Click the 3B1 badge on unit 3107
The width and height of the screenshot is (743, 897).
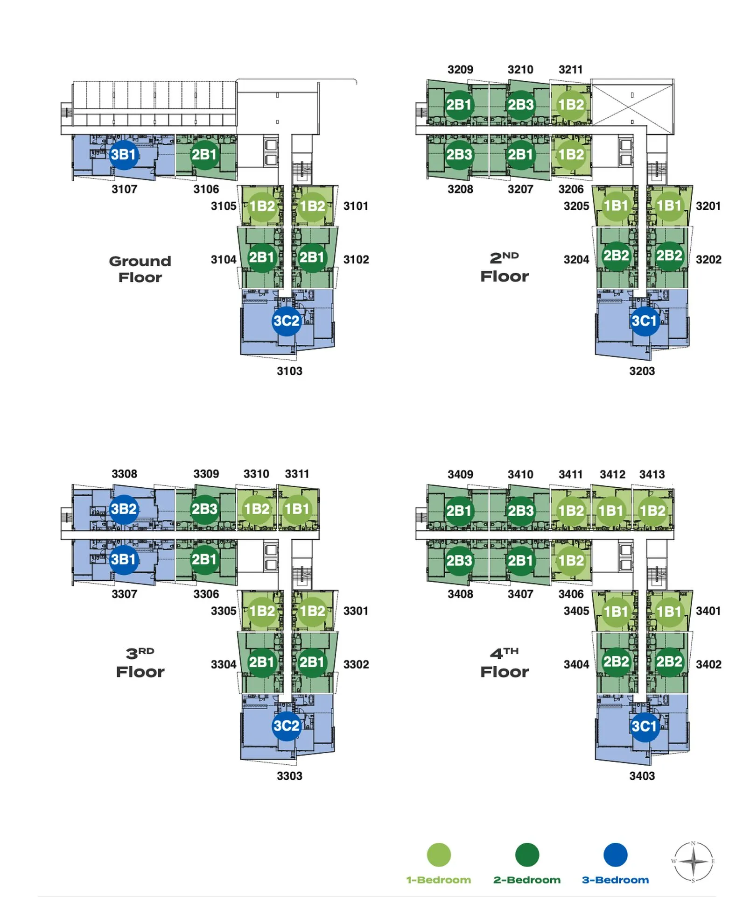click(x=124, y=155)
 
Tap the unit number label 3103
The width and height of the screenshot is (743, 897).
click(x=289, y=371)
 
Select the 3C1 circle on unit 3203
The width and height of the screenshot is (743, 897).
click(x=644, y=321)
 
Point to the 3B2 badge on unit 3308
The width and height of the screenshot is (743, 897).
click(x=124, y=509)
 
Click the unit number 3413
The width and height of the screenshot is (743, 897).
click(x=652, y=474)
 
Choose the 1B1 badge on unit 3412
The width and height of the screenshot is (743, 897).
click(x=611, y=511)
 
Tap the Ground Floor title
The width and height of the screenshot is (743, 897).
click(x=140, y=269)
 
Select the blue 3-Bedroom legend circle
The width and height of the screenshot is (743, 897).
click(x=615, y=855)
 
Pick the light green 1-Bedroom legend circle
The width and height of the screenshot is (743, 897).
click(x=439, y=855)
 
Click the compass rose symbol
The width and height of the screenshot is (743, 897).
click(x=693, y=861)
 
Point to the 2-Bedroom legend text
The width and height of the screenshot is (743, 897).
click(x=527, y=880)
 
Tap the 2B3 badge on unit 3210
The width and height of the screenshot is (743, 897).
click(x=520, y=105)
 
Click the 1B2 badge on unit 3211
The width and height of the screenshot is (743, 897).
click(x=571, y=105)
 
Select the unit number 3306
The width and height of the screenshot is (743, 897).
click(x=206, y=594)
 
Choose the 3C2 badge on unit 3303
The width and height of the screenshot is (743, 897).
click(x=286, y=726)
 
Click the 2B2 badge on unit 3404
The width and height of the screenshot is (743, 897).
click(x=616, y=662)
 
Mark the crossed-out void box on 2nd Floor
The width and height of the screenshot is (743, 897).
click(x=632, y=105)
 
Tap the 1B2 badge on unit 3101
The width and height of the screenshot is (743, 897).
click(x=312, y=206)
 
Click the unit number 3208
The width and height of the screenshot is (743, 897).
click(x=460, y=189)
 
